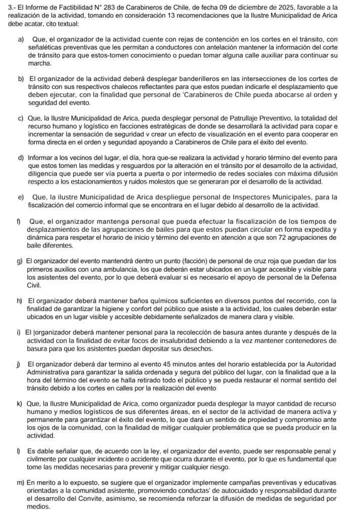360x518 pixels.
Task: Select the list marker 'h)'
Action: tap(20, 300)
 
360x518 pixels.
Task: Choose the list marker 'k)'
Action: tap(20, 404)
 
